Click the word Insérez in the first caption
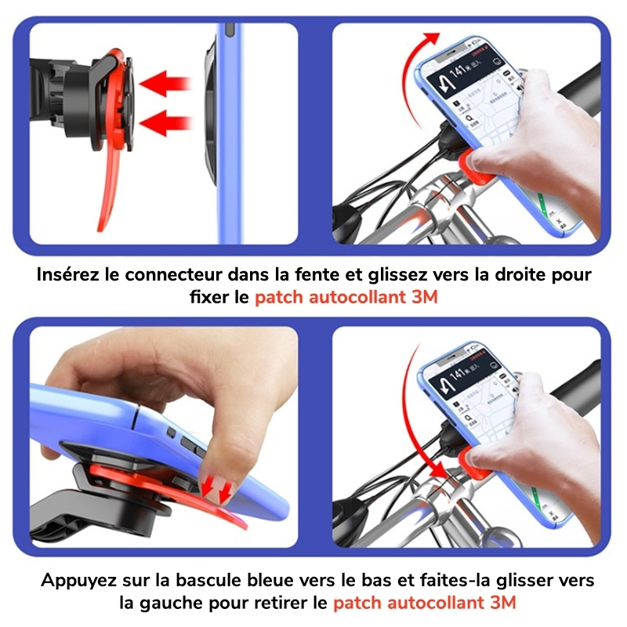pos(69,276)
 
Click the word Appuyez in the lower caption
pos(74,580)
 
